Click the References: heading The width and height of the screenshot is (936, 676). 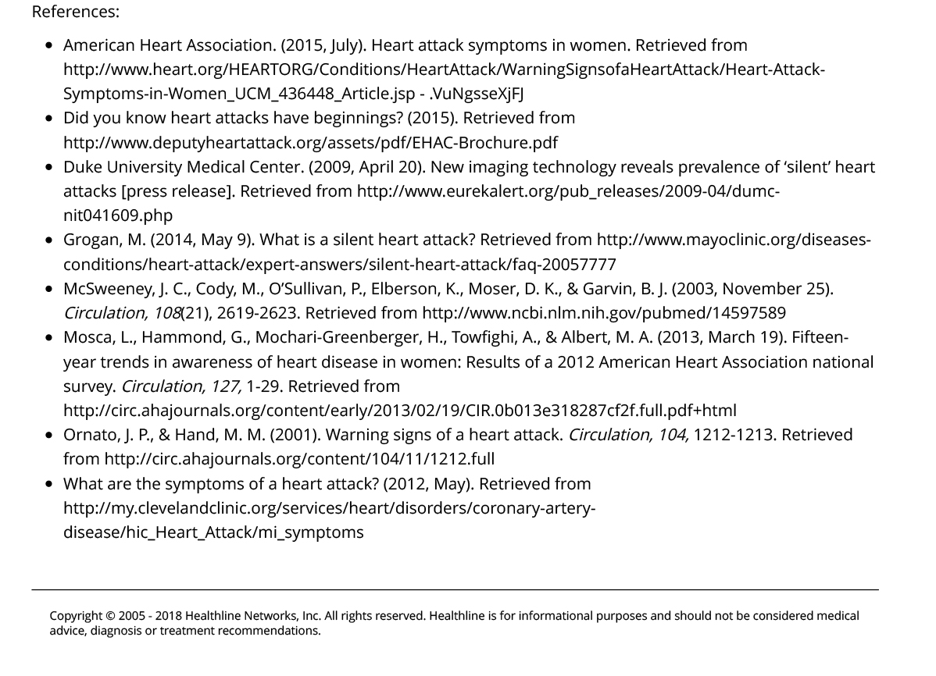75,12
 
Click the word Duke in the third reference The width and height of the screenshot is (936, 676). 81,167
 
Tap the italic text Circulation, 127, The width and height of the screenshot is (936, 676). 181,386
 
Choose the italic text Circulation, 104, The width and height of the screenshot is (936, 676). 628,435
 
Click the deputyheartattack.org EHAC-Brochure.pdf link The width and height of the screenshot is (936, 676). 310,143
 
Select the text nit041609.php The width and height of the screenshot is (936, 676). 118,215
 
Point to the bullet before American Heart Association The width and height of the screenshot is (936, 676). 49,45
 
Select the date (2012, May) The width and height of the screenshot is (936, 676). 428,484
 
